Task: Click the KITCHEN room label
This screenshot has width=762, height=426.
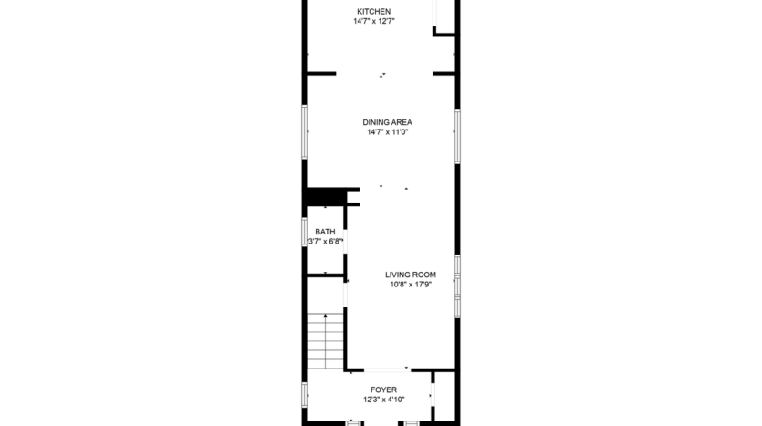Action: click(373, 11)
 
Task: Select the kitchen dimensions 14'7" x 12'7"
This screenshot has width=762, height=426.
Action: click(373, 21)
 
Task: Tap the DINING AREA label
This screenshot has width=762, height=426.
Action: click(387, 122)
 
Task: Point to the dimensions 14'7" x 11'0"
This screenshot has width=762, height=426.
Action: click(387, 132)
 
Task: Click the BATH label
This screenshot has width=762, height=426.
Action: click(325, 232)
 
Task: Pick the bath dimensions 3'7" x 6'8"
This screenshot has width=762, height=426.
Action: click(325, 242)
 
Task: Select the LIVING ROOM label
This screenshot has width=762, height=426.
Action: click(410, 275)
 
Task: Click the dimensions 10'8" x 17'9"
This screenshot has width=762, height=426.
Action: click(410, 285)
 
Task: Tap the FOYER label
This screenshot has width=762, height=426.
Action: click(383, 390)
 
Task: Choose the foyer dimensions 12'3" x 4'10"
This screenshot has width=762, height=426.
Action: click(383, 400)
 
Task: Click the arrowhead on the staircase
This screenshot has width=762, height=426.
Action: click(326, 317)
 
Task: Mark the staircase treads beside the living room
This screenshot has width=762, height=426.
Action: click(326, 342)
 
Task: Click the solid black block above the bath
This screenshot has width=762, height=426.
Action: click(322, 197)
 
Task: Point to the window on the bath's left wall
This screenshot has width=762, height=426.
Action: click(305, 232)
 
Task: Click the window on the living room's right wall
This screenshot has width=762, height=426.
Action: click(457, 286)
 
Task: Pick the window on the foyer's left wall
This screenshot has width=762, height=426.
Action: click(305, 394)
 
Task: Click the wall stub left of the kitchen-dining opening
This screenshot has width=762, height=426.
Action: click(321, 73)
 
